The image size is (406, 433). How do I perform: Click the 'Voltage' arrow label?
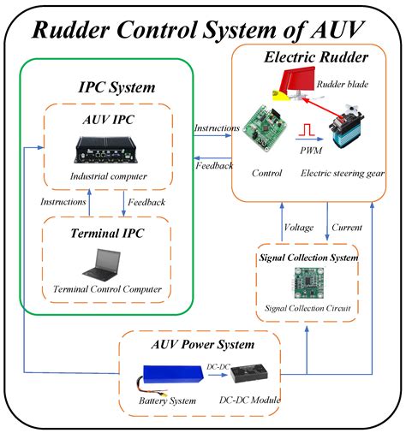pos(298,227)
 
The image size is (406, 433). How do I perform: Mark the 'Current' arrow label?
pos(346,227)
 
